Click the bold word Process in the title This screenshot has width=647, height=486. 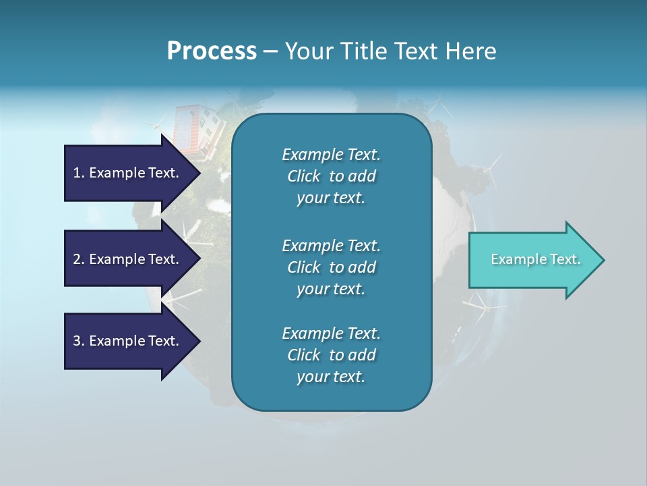212,51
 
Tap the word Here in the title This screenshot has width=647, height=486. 471,51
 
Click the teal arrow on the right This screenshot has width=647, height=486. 532,260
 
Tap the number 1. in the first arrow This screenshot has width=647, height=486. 79,173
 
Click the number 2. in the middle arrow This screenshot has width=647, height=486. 79,259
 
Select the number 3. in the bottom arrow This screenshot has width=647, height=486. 79,341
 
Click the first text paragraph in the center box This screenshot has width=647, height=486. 331,176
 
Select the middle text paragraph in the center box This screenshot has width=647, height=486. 331,267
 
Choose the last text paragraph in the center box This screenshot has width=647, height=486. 331,355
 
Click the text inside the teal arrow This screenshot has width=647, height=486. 535,259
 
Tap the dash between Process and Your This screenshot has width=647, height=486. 270,51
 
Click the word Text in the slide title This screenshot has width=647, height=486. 417,51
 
